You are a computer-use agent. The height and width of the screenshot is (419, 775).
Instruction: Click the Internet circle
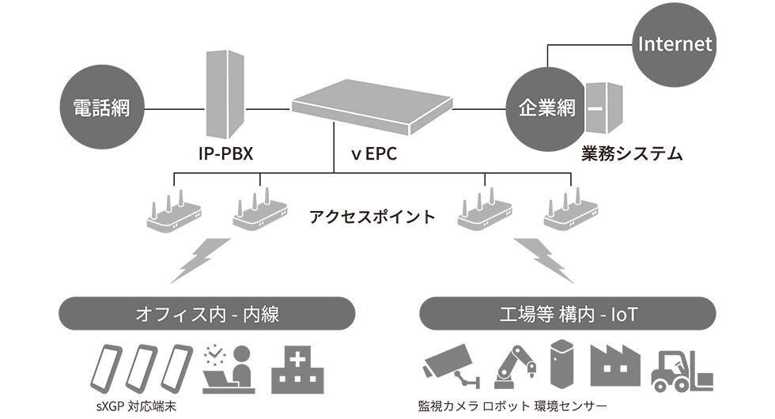(x=675, y=43)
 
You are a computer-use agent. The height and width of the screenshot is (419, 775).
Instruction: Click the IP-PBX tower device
(x=223, y=92)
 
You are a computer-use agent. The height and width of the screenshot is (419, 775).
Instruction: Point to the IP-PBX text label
(x=225, y=153)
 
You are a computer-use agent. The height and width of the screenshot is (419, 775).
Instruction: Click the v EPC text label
(x=374, y=153)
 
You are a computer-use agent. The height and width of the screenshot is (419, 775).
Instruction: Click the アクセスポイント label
(x=372, y=216)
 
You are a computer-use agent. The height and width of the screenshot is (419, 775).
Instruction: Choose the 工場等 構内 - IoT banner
(x=568, y=314)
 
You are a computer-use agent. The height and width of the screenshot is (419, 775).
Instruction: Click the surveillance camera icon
(x=450, y=364)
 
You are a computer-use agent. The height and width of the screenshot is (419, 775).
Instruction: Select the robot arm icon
(x=514, y=367)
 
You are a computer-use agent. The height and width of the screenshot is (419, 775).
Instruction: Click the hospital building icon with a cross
(x=299, y=368)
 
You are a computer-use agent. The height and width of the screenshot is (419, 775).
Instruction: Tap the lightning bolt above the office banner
(x=200, y=259)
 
